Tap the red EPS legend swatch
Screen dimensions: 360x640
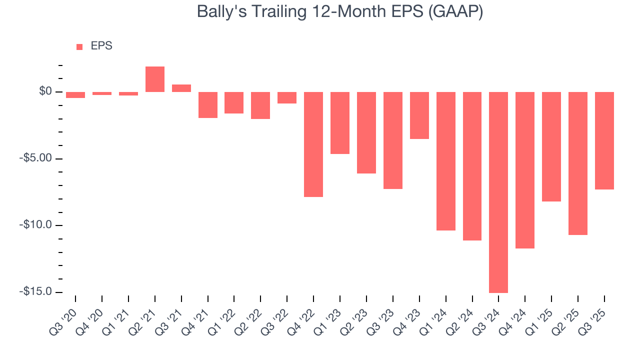(79, 47)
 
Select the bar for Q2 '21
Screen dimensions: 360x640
(155, 79)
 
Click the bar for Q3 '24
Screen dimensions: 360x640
(498, 192)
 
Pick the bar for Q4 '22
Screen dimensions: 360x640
(313, 144)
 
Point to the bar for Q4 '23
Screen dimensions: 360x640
(419, 115)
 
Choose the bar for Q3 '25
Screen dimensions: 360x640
(604, 140)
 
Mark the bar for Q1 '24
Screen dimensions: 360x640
(446, 161)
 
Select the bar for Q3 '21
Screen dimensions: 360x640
(181, 88)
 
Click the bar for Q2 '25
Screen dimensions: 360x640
(578, 163)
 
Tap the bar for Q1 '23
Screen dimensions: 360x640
(340, 122)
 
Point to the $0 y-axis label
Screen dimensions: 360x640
(45, 91)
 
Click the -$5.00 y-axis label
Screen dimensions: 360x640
(36, 158)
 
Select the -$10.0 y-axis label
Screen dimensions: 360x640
(36, 225)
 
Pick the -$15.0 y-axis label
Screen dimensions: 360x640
(36, 291)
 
